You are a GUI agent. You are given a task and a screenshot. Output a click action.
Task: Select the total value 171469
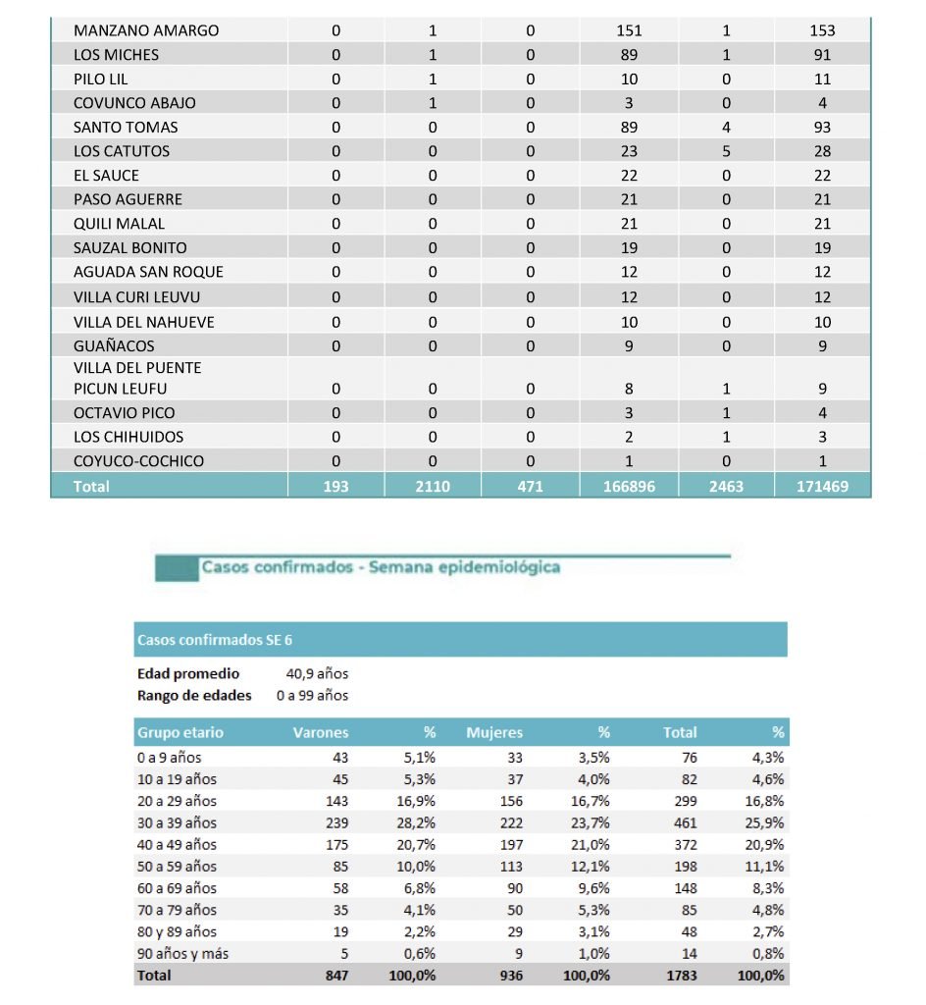pos(822,486)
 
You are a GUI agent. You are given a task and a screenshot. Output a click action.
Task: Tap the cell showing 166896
pos(629,486)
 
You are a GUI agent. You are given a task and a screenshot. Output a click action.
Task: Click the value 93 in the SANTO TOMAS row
pos(822,127)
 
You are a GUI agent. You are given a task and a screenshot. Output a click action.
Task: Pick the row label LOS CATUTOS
pos(122,151)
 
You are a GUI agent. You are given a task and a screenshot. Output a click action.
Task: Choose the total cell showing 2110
pos(433,486)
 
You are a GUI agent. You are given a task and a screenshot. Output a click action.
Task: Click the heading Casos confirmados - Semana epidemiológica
pos(381,567)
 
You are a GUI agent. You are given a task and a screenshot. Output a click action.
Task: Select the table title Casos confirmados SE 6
pos(214,641)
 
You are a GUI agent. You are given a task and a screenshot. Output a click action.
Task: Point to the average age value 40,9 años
pos(317,674)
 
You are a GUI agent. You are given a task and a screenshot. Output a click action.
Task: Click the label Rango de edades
pos(194,696)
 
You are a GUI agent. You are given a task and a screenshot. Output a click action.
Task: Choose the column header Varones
pos(321,732)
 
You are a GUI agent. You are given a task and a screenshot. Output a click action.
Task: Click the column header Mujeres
pos(494,732)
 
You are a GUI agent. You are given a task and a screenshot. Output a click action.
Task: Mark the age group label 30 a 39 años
pos(177,822)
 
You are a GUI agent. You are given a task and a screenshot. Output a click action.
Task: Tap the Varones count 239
pos(334,822)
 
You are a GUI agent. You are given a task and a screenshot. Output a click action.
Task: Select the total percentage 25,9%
pos(765,822)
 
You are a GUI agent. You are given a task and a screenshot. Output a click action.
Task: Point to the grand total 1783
pos(681,976)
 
